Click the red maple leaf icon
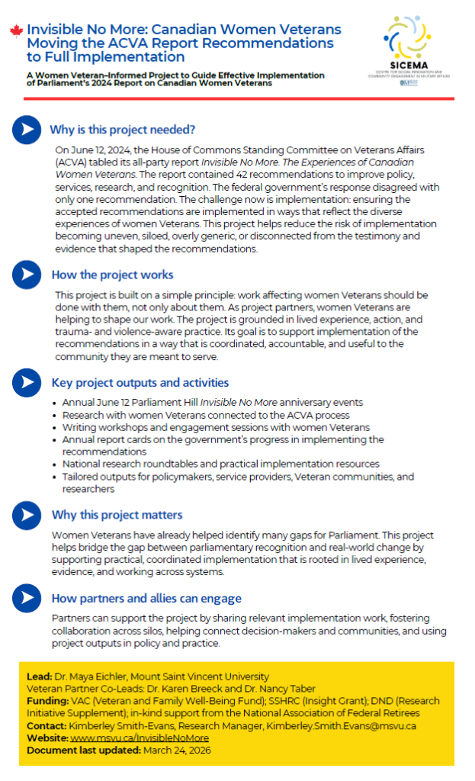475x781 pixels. (x=16, y=31)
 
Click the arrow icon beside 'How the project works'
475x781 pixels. (x=27, y=275)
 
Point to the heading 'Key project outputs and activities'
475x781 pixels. (x=140, y=383)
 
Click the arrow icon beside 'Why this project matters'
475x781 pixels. (x=27, y=515)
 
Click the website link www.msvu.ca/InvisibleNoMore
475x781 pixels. (x=140, y=738)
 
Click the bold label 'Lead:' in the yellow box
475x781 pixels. (x=39, y=677)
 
